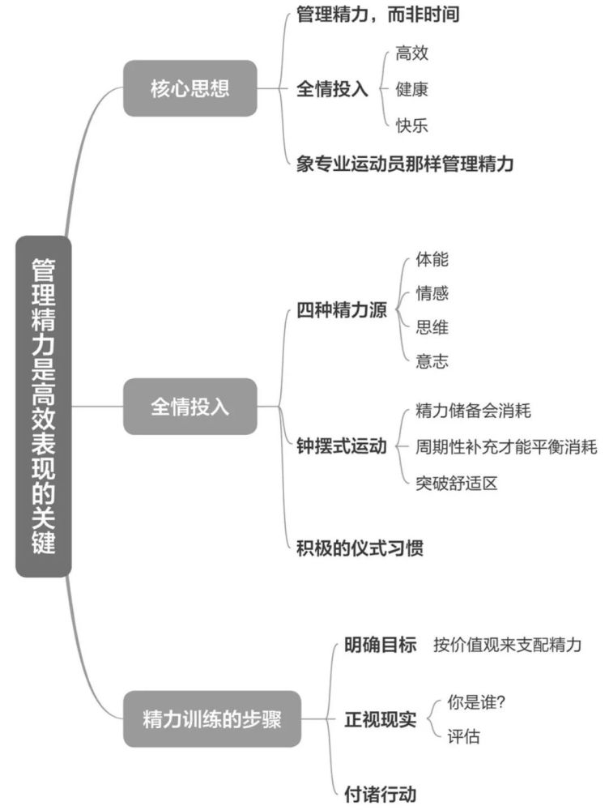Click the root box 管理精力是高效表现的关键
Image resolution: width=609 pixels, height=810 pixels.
(x=44, y=407)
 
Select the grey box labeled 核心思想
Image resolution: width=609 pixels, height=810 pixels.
(x=190, y=88)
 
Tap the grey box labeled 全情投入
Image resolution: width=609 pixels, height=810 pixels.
(x=190, y=407)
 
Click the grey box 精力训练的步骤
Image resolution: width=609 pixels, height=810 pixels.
(x=212, y=718)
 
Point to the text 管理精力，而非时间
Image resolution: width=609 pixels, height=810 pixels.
(x=377, y=14)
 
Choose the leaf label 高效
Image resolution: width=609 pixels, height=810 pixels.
(x=411, y=53)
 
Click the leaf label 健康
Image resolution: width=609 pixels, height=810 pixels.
(x=411, y=89)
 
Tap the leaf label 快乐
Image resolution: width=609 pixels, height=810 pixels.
(x=411, y=125)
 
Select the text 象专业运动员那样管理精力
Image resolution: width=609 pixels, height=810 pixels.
(x=405, y=164)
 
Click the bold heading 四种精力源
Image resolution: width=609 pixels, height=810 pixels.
(x=342, y=310)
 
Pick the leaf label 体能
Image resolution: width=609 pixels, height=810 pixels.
(x=432, y=259)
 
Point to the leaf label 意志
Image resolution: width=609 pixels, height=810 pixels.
(x=432, y=360)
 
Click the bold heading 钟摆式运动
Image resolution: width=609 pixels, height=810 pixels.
(x=342, y=446)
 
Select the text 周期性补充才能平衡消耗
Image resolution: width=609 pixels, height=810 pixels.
(x=506, y=446)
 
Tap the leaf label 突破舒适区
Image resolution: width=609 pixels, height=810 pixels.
(x=457, y=483)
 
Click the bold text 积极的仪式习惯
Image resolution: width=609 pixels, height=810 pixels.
(x=360, y=548)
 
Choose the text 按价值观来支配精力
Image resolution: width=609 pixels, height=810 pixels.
(x=507, y=645)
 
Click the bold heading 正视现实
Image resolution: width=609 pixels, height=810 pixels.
(x=380, y=719)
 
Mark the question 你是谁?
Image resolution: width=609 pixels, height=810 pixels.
(x=475, y=702)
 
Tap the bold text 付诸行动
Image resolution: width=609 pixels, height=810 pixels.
(x=380, y=794)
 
